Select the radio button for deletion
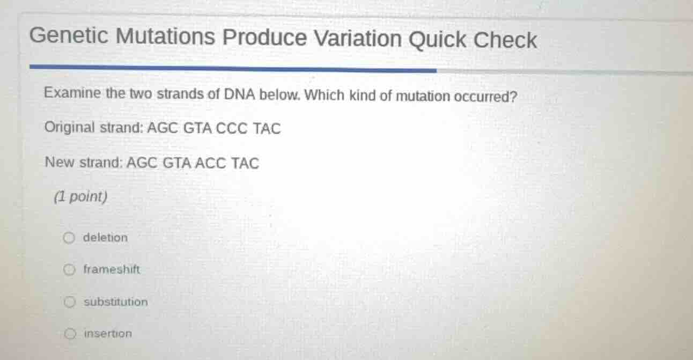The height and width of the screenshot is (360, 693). pos(69,238)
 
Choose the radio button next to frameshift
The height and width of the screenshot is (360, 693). pos(69,270)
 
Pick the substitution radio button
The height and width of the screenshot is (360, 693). pos(69,302)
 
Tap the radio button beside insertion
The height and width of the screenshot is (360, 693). pos(69,334)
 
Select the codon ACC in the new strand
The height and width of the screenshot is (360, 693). pos(210,163)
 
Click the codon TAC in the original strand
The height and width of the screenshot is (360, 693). pos(267,129)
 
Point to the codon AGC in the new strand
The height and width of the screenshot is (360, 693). pos(140,163)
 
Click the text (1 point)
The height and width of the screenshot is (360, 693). pos(80,197)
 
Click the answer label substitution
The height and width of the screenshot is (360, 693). pos(115,302)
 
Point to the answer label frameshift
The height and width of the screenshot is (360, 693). pos(111,270)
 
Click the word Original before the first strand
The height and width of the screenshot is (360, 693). pos(70,128)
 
